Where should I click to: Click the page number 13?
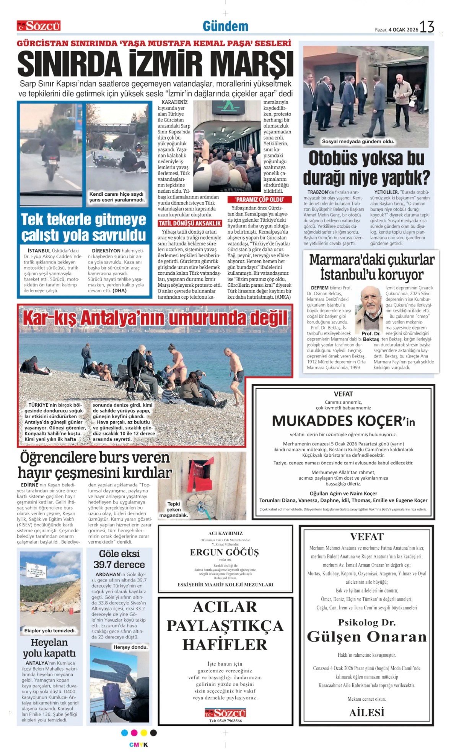click(427, 27)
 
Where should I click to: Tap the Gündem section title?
click(225, 26)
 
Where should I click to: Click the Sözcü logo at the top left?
click(39, 26)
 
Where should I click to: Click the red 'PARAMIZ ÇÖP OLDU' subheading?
click(259, 200)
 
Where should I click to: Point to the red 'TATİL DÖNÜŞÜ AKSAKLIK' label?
click(190, 223)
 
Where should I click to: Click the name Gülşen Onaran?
click(366, 637)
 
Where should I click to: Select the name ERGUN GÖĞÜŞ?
click(225, 552)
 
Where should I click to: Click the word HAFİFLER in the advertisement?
click(225, 645)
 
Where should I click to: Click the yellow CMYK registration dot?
click(144, 733)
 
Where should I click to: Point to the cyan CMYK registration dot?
click(124, 733)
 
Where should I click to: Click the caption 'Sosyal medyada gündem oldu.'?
click(358, 141)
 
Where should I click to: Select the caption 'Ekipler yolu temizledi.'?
click(50, 630)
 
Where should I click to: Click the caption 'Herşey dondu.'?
click(130, 647)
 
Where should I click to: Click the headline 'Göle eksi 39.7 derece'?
click(119, 559)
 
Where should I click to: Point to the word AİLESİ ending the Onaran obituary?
click(366, 713)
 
